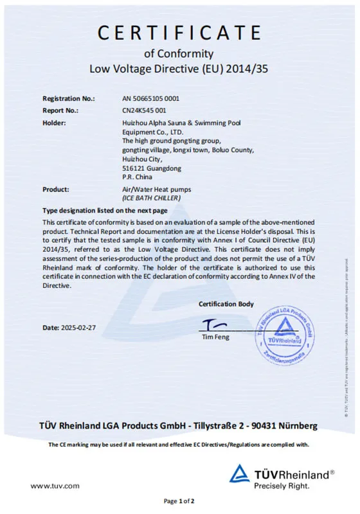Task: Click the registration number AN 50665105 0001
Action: click(x=150, y=99)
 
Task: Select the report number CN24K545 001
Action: click(x=144, y=111)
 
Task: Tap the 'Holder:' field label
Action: click(x=55, y=122)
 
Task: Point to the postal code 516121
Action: click(x=133, y=168)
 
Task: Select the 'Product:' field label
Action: click(x=56, y=189)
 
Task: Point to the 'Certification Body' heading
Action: click(x=226, y=304)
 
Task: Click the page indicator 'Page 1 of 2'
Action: click(x=179, y=501)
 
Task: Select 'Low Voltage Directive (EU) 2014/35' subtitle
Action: click(x=179, y=69)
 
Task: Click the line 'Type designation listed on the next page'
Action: click(x=105, y=210)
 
